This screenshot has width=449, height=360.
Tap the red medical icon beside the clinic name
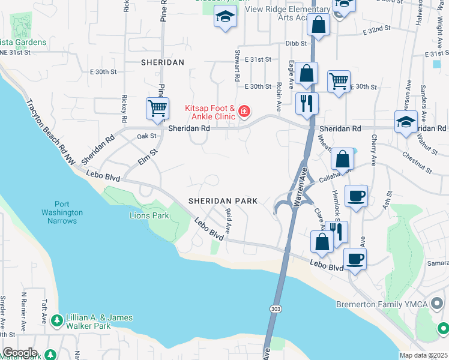[244, 111]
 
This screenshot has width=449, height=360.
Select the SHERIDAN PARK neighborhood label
[223, 201]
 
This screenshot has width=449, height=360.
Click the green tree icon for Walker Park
[57, 321]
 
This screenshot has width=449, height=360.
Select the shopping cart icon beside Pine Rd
[157, 109]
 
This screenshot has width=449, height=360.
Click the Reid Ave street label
[228, 220]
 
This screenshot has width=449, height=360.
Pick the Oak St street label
[146, 136]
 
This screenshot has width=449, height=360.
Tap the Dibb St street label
[296, 43]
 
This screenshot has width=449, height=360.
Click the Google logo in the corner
[19, 353]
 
